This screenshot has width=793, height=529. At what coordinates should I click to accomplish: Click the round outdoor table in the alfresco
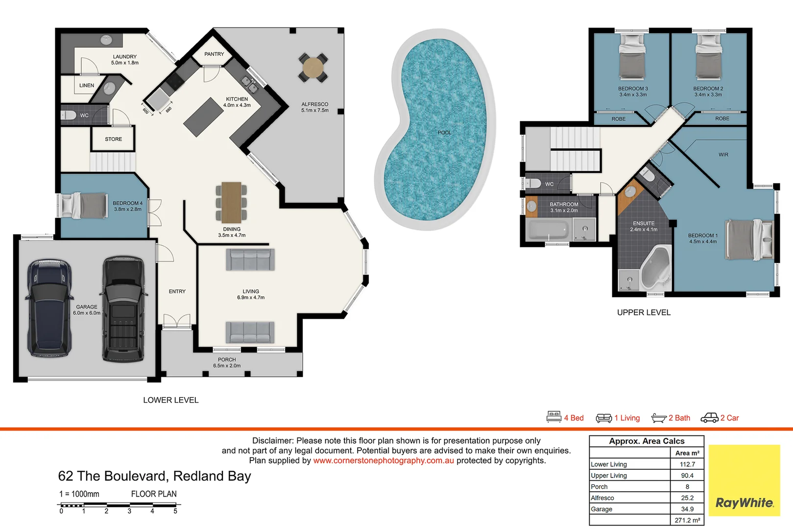[x=312, y=68]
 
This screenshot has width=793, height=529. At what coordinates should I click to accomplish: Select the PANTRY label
[x=214, y=54]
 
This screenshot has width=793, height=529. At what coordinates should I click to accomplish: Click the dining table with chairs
[x=231, y=202]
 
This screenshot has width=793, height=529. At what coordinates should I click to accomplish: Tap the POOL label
[x=444, y=133]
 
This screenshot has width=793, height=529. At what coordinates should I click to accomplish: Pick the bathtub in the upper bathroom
[x=547, y=229]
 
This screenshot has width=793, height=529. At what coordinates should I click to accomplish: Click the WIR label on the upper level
[x=723, y=155]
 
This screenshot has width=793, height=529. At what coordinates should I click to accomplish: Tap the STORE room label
[x=113, y=139]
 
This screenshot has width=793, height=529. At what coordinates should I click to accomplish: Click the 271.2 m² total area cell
[x=687, y=520]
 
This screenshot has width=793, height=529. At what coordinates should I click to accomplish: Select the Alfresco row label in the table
[x=602, y=498]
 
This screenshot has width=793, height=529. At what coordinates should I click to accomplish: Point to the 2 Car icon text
[x=729, y=418]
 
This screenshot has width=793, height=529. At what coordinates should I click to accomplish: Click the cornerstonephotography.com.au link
[x=384, y=460]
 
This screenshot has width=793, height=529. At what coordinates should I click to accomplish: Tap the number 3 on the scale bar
[x=129, y=511]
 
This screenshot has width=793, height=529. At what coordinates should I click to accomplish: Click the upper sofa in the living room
[x=250, y=260]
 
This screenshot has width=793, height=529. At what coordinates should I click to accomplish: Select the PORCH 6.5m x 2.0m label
[x=227, y=362]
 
